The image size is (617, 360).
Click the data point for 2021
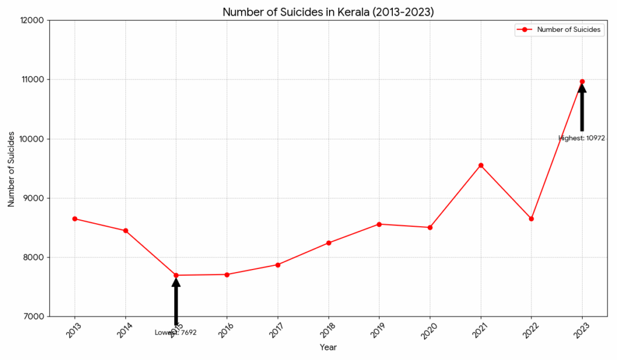(481, 165)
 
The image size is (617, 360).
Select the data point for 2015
(176, 276)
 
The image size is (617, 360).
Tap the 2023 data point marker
(582, 81)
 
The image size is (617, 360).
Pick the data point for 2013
(75, 218)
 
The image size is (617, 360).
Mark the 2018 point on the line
(328, 243)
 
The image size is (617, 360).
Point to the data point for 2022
(531, 218)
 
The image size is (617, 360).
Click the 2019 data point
(379, 224)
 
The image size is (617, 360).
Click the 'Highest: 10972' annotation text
(581, 138)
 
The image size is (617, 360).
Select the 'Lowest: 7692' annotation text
(176, 332)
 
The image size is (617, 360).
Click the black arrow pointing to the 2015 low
(176, 302)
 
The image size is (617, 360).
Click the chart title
(328, 12)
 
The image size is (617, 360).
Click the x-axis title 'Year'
(328, 347)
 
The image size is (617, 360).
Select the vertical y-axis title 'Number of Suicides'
(11, 168)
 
